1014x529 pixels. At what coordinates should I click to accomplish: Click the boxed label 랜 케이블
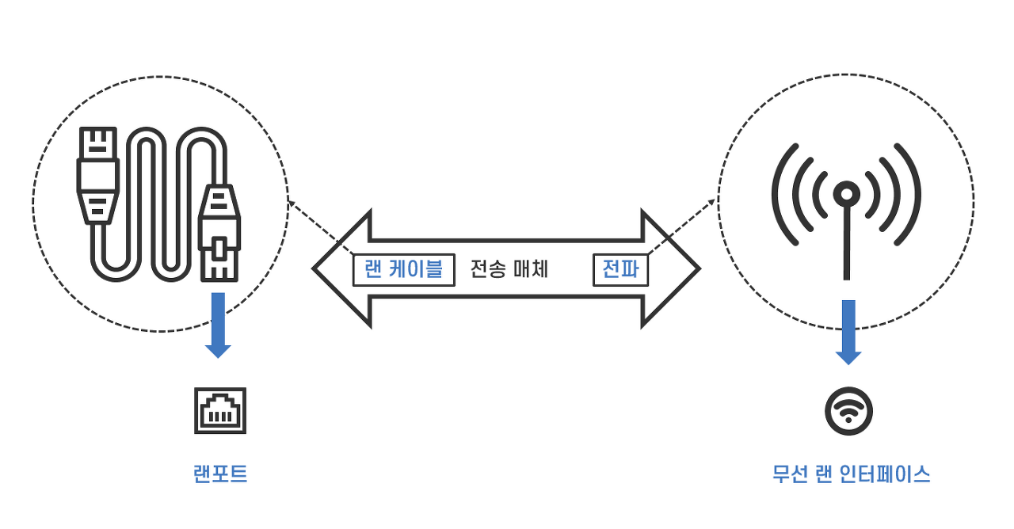pos(404,269)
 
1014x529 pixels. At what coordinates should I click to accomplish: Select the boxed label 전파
pos(620,269)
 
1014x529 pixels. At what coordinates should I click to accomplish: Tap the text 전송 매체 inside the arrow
pos(509,269)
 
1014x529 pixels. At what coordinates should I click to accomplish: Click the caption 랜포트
pos(220,474)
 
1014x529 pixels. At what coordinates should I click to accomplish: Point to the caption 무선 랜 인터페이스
pos(851,474)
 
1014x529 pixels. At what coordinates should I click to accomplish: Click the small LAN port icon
pos(220,410)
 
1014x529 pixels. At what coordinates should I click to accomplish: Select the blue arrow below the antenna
pos(848,332)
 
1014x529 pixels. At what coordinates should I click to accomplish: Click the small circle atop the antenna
pos(847,193)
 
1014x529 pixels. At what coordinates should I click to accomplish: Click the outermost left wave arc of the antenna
pos(780,194)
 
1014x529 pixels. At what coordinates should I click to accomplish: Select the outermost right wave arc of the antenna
pos(913,194)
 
